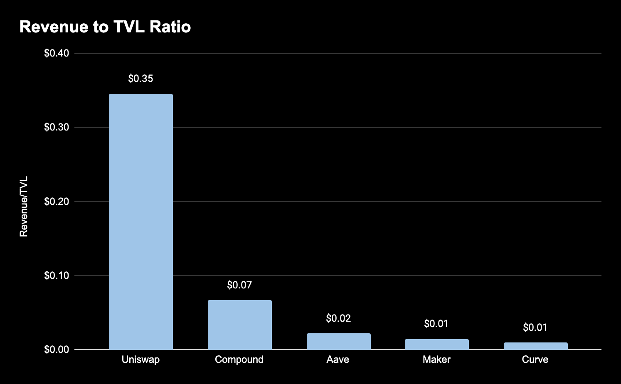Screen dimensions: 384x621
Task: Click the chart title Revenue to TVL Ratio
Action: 105,27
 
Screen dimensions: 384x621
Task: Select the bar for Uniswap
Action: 140,222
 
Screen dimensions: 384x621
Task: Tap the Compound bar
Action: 239,325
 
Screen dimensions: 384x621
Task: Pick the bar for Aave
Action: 338,341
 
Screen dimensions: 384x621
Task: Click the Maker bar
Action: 436,344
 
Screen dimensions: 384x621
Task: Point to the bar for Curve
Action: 535,346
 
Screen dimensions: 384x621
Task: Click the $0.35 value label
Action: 140,79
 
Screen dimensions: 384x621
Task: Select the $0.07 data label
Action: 239,285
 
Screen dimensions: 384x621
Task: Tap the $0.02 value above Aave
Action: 338,318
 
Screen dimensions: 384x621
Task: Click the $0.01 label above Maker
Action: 436,324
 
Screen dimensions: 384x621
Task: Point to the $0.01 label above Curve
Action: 535,327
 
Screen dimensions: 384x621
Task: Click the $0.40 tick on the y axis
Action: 57,54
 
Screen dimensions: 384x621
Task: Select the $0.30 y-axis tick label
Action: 57,128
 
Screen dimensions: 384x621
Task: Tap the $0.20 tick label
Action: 57,202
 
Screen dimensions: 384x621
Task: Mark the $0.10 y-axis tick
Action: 57,276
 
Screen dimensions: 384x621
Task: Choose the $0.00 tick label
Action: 57,350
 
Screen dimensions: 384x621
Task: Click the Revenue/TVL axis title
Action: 24,207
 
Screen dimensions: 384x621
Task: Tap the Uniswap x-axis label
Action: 140,359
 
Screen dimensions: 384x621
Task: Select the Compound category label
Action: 239,359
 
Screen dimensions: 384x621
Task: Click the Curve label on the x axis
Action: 535,359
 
